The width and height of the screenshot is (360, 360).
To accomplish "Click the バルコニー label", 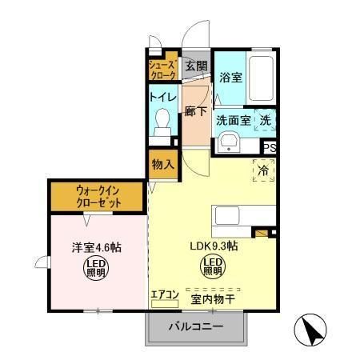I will [x=194, y=326].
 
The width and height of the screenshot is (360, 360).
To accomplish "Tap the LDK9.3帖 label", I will [x=214, y=246].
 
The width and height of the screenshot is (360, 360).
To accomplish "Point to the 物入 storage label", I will [x=163, y=164].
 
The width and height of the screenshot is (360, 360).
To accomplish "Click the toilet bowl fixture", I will [x=162, y=122].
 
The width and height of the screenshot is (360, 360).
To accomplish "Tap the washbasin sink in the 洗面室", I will [x=229, y=145].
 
